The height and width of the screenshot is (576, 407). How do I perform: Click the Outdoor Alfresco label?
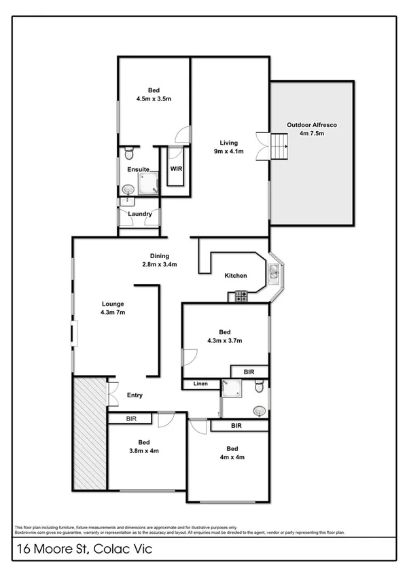point(312,129)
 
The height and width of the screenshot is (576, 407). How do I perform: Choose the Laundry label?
point(139,214)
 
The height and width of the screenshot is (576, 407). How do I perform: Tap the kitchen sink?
point(273,273)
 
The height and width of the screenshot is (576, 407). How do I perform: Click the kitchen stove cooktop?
point(240,295)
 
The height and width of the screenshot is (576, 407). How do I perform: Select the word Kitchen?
point(236,275)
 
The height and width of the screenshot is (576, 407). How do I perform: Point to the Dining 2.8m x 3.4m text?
point(160,260)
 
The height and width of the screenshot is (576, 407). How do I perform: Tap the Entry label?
point(135,395)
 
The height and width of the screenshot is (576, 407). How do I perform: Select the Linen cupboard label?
point(200,384)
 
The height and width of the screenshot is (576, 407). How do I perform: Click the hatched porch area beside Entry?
point(88,432)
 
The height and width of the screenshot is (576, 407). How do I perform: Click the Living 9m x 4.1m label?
point(228,147)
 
